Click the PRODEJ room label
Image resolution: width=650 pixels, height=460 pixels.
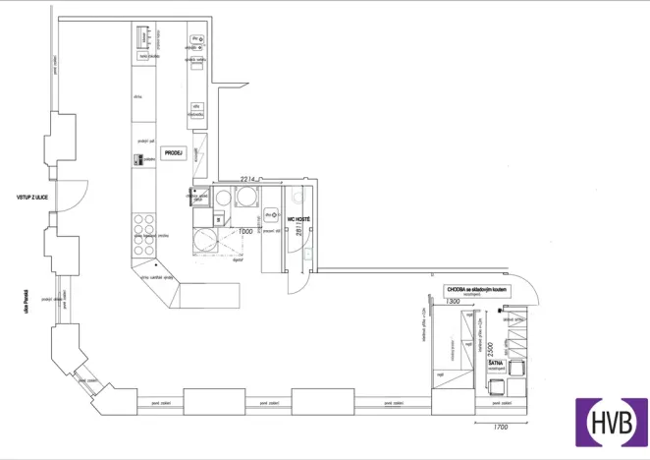pyautogui.click(x=175, y=152)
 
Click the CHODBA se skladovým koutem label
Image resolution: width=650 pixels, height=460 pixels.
pyautogui.click(x=477, y=290)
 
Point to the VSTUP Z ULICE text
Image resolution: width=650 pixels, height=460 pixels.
pyautogui.click(x=32, y=198)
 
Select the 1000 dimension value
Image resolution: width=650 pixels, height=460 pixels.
pyautogui.click(x=245, y=232)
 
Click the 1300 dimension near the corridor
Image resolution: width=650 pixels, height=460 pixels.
pyautogui.click(x=453, y=302)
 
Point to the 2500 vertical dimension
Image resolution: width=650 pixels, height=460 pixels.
pyautogui.click(x=486, y=351)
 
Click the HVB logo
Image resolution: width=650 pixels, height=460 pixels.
pyautogui.click(x=611, y=422)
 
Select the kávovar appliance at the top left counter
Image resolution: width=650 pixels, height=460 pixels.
pyautogui.click(x=143, y=39)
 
